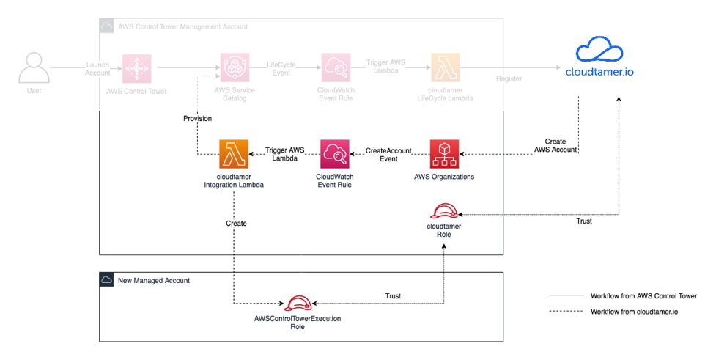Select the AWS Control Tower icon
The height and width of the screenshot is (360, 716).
point(137,67)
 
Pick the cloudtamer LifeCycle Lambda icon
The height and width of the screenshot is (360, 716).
point(446,67)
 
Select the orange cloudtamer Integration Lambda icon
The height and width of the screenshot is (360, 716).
point(233,154)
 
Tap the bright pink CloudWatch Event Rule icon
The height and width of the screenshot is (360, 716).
point(333,154)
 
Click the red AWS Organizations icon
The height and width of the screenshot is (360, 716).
point(444,154)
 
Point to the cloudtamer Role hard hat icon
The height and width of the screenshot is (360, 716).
point(443,211)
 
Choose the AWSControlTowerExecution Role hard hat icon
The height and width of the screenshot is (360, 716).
point(298,304)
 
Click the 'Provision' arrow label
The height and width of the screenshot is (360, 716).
point(197,119)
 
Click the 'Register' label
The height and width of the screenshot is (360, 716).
point(509,78)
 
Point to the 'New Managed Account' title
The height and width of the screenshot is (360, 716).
point(153,280)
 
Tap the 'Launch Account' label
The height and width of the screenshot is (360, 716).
point(97,68)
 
